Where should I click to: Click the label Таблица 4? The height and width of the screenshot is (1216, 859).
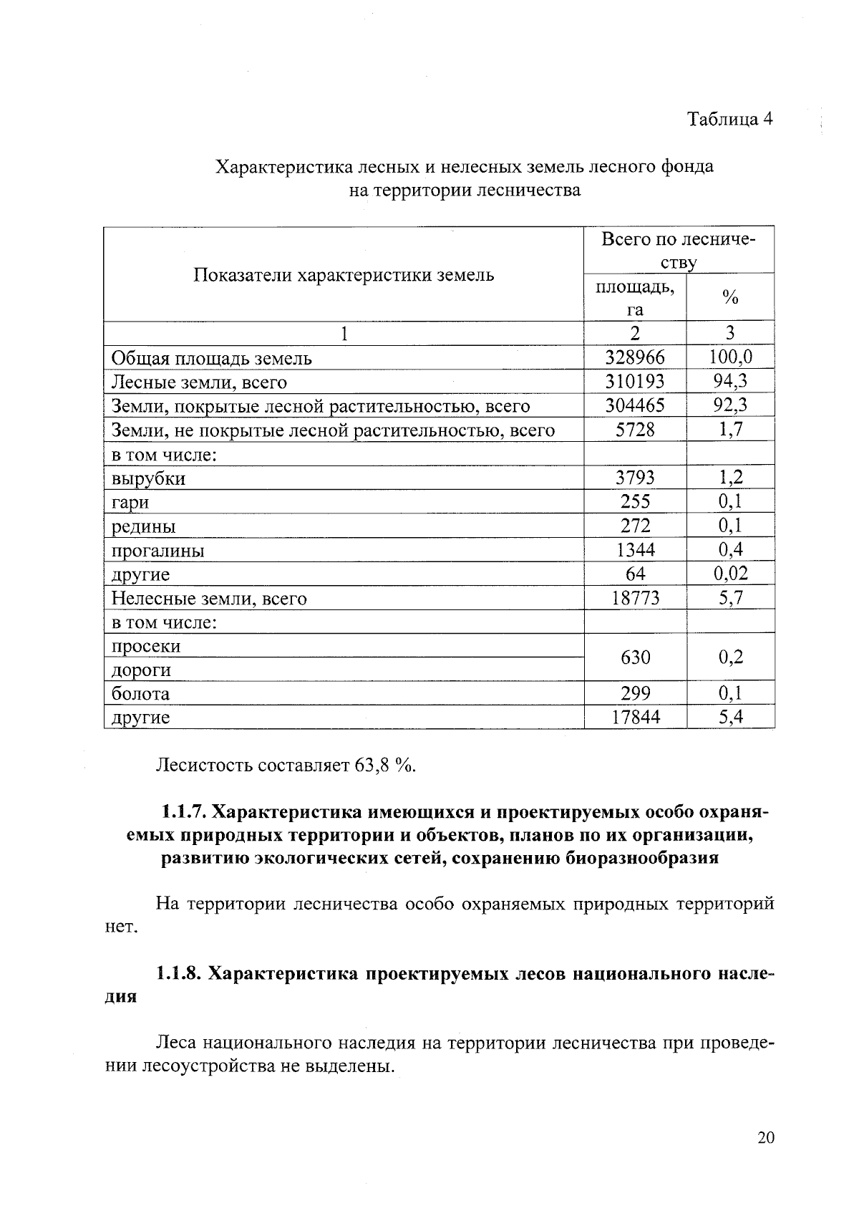click(729, 118)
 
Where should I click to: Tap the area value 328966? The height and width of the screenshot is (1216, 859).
click(634, 357)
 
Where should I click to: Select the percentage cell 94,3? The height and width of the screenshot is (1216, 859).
click(730, 381)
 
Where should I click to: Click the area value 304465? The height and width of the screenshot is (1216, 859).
click(634, 405)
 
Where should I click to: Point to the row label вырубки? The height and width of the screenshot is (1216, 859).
click(148, 478)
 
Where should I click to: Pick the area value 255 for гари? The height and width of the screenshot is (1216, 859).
click(635, 501)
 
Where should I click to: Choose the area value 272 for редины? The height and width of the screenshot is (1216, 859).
click(635, 526)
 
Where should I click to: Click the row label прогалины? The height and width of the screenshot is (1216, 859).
click(157, 551)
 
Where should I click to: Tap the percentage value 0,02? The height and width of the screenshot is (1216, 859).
click(730, 574)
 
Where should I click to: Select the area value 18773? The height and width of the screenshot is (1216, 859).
click(635, 598)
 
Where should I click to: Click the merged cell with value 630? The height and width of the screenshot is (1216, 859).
click(635, 657)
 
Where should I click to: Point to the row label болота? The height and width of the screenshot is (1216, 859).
click(140, 694)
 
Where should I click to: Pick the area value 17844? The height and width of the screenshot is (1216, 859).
click(635, 717)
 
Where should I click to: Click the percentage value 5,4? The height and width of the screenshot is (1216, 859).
click(730, 717)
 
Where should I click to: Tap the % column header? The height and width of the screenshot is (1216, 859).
click(730, 297)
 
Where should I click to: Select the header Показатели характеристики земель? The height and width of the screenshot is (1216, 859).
click(344, 275)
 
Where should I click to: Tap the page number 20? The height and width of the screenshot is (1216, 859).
click(765, 1138)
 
